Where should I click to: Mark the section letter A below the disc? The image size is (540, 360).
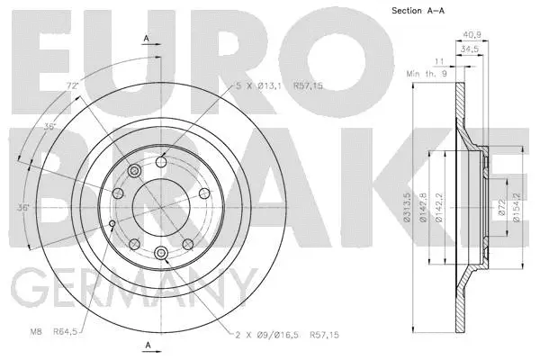(x=146, y=345)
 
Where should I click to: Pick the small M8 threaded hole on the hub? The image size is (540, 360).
(x=110, y=223)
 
